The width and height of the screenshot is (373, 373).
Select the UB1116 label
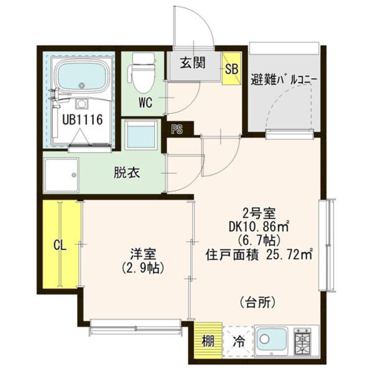pyautogui.click(x=82, y=119)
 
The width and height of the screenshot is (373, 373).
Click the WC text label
pyautogui.click(x=145, y=103)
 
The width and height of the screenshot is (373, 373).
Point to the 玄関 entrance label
pyautogui.click(x=193, y=63)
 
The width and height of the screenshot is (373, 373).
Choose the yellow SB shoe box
pyautogui.click(x=231, y=68)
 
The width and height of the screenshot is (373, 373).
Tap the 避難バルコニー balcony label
pyautogui.click(x=284, y=80)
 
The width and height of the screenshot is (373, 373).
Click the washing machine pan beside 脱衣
pyautogui.click(x=62, y=175)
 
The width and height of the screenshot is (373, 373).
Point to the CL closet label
pyautogui.click(x=60, y=245)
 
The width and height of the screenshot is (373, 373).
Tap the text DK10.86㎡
pyautogui.click(x=259, y=227)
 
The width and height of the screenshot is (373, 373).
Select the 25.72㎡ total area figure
pyautogui.click(x=289, y=256)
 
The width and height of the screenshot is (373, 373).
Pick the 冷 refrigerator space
pyautogui.click(x=238, y=341)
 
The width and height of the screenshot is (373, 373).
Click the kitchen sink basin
pyautogui.click(x=272, y=339)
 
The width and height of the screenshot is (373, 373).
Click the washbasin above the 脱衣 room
pyautogui.click(x=141, y=135)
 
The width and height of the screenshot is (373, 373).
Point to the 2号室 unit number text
pyautogui.click(x=259, y=213)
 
